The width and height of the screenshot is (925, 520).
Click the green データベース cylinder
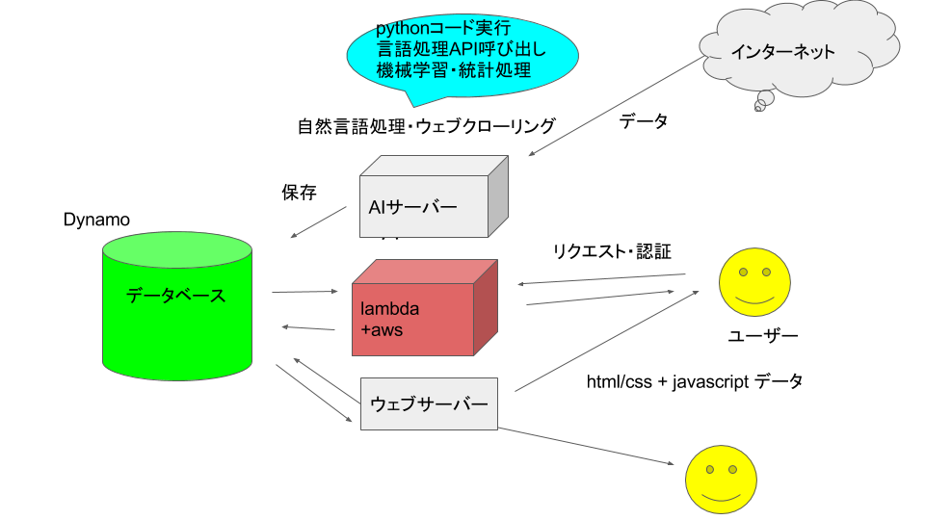[x=177, y=306]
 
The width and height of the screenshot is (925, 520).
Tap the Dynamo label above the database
[x=96, y=220]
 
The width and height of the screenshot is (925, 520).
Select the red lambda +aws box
[x=425, y=308]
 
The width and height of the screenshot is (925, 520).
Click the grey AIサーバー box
[x=435, y=196]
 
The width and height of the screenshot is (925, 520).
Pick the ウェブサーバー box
[x=429, y=403]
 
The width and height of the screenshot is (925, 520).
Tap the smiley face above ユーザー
[x=754, y=282]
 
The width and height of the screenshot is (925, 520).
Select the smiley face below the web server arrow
[x=721, y=480]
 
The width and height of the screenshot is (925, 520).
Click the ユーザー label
[x=763, y=336]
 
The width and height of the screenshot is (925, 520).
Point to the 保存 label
[x=299, y=193]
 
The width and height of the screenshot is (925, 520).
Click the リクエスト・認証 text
[x=612, y=251]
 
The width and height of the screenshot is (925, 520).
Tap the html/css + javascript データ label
[x=695, y=381]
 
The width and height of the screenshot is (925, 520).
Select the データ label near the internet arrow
[x=643, y=121]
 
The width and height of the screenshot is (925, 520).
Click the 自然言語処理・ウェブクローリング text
[x=427, y=125]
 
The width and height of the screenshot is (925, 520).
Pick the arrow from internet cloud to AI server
[x=617, y=106]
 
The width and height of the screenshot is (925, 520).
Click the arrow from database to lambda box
[x=305, y=291]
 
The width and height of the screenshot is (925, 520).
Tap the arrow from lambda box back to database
[x=308, y=327]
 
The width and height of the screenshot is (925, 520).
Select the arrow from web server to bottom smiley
[x=586, y=446]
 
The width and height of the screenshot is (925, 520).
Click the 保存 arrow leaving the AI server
[x=319, y=222]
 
